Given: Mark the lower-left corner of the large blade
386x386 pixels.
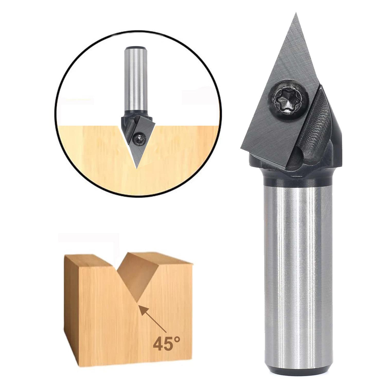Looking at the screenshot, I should tap(242, 148).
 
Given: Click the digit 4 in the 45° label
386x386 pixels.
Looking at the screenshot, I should tap(159, 344).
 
